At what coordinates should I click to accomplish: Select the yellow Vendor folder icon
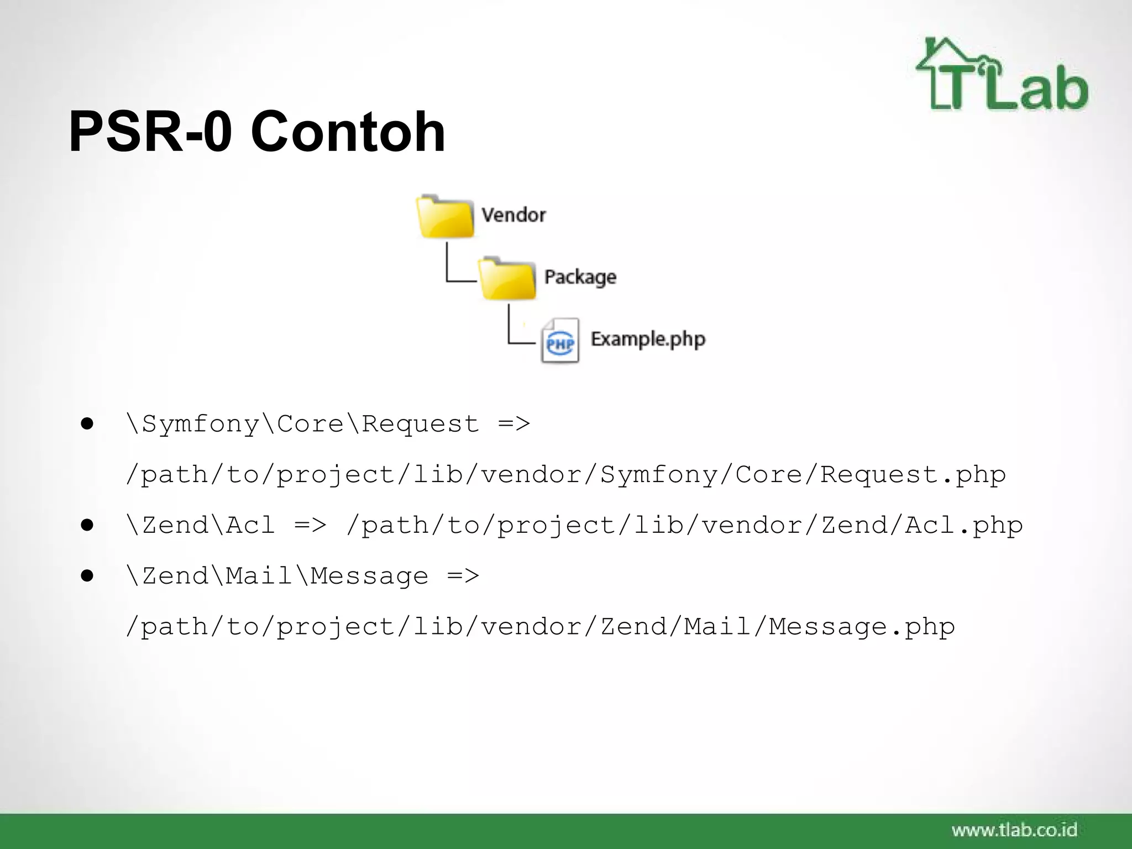445,217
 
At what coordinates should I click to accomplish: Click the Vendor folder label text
513,214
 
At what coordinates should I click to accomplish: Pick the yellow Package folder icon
507,279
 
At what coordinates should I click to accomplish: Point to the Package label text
580,276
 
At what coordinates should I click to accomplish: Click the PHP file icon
560,341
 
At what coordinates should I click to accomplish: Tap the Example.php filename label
648,339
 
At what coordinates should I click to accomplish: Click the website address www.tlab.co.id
1014,830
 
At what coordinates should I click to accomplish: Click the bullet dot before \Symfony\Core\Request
87,424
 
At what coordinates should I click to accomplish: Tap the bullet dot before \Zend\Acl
87,525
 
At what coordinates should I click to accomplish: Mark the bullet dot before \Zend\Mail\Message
87,576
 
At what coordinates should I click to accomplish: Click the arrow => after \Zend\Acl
310,525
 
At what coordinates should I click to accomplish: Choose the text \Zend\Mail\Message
277,576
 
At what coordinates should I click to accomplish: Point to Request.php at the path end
913,474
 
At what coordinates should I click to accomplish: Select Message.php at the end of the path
862,627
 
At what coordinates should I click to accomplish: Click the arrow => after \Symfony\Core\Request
513,424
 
